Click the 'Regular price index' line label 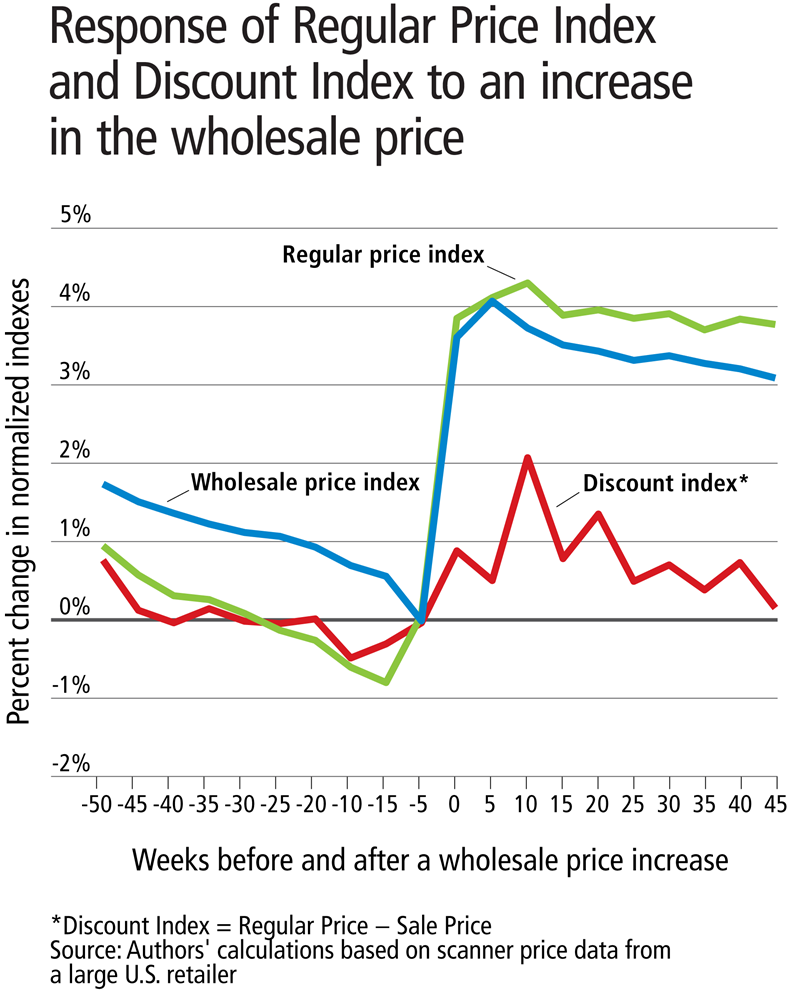tap(383, 254)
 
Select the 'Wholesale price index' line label tap(305, 482)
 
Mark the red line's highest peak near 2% tap(527, 458)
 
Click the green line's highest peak tap(527, 283)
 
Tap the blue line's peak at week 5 tap(492, 300)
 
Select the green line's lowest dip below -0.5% tap(386, 682)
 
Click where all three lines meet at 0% tap(421, 620)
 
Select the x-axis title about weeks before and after tap(425, 858)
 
